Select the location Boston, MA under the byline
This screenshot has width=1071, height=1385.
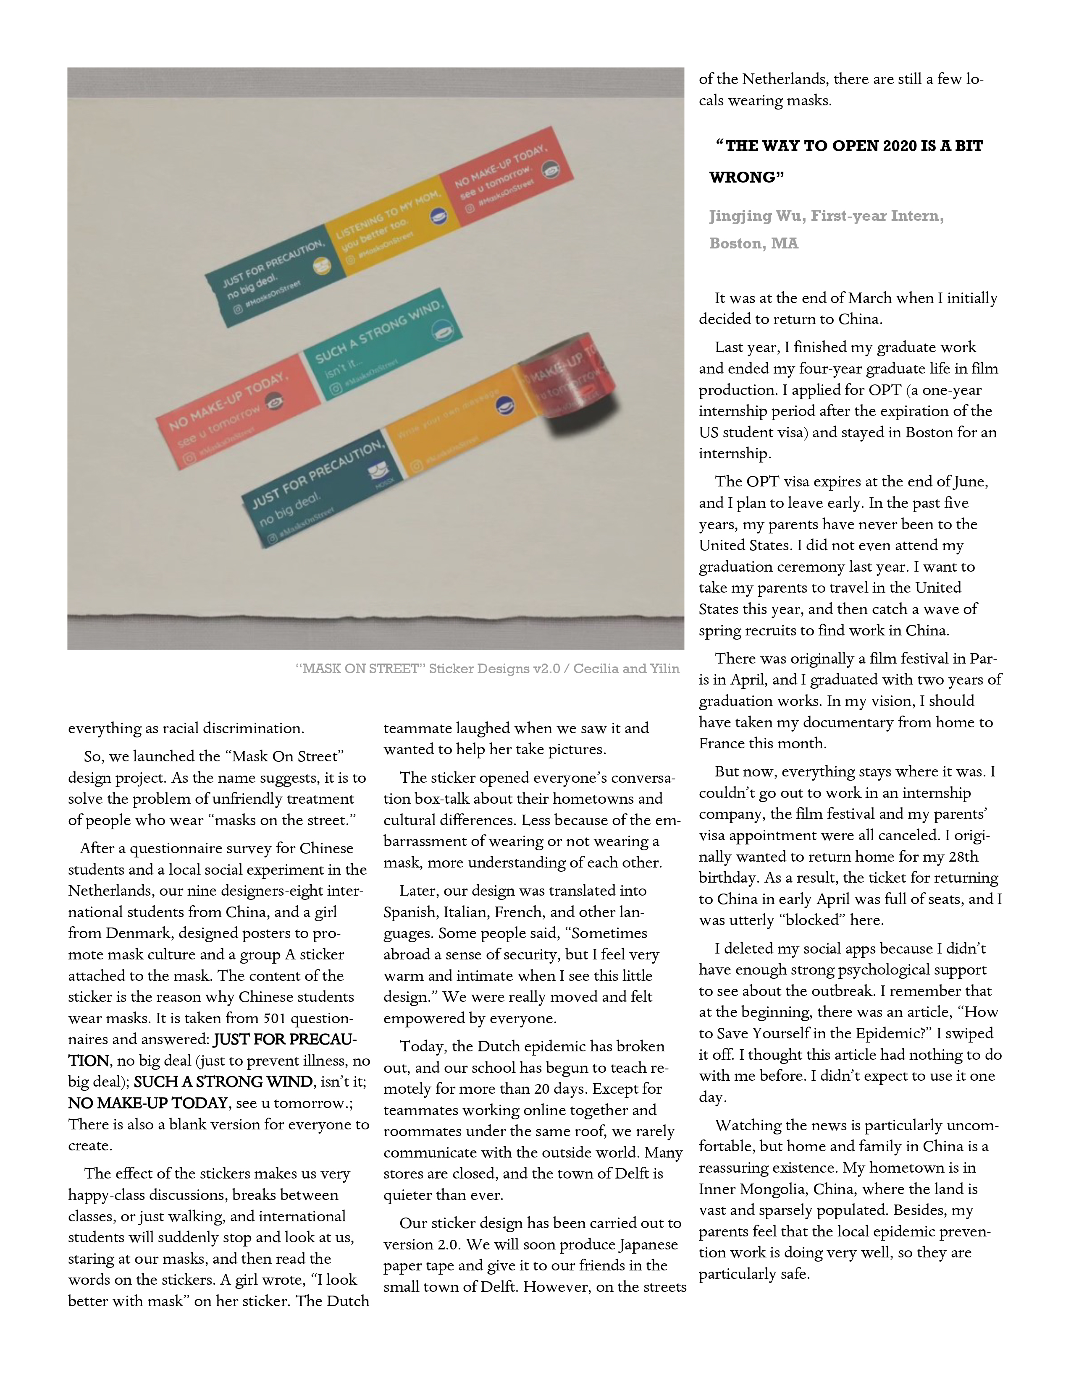click(754, 243)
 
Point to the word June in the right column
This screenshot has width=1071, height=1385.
click(971, 481)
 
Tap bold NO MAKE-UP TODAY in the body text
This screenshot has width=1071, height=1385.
click(148, 1103)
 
